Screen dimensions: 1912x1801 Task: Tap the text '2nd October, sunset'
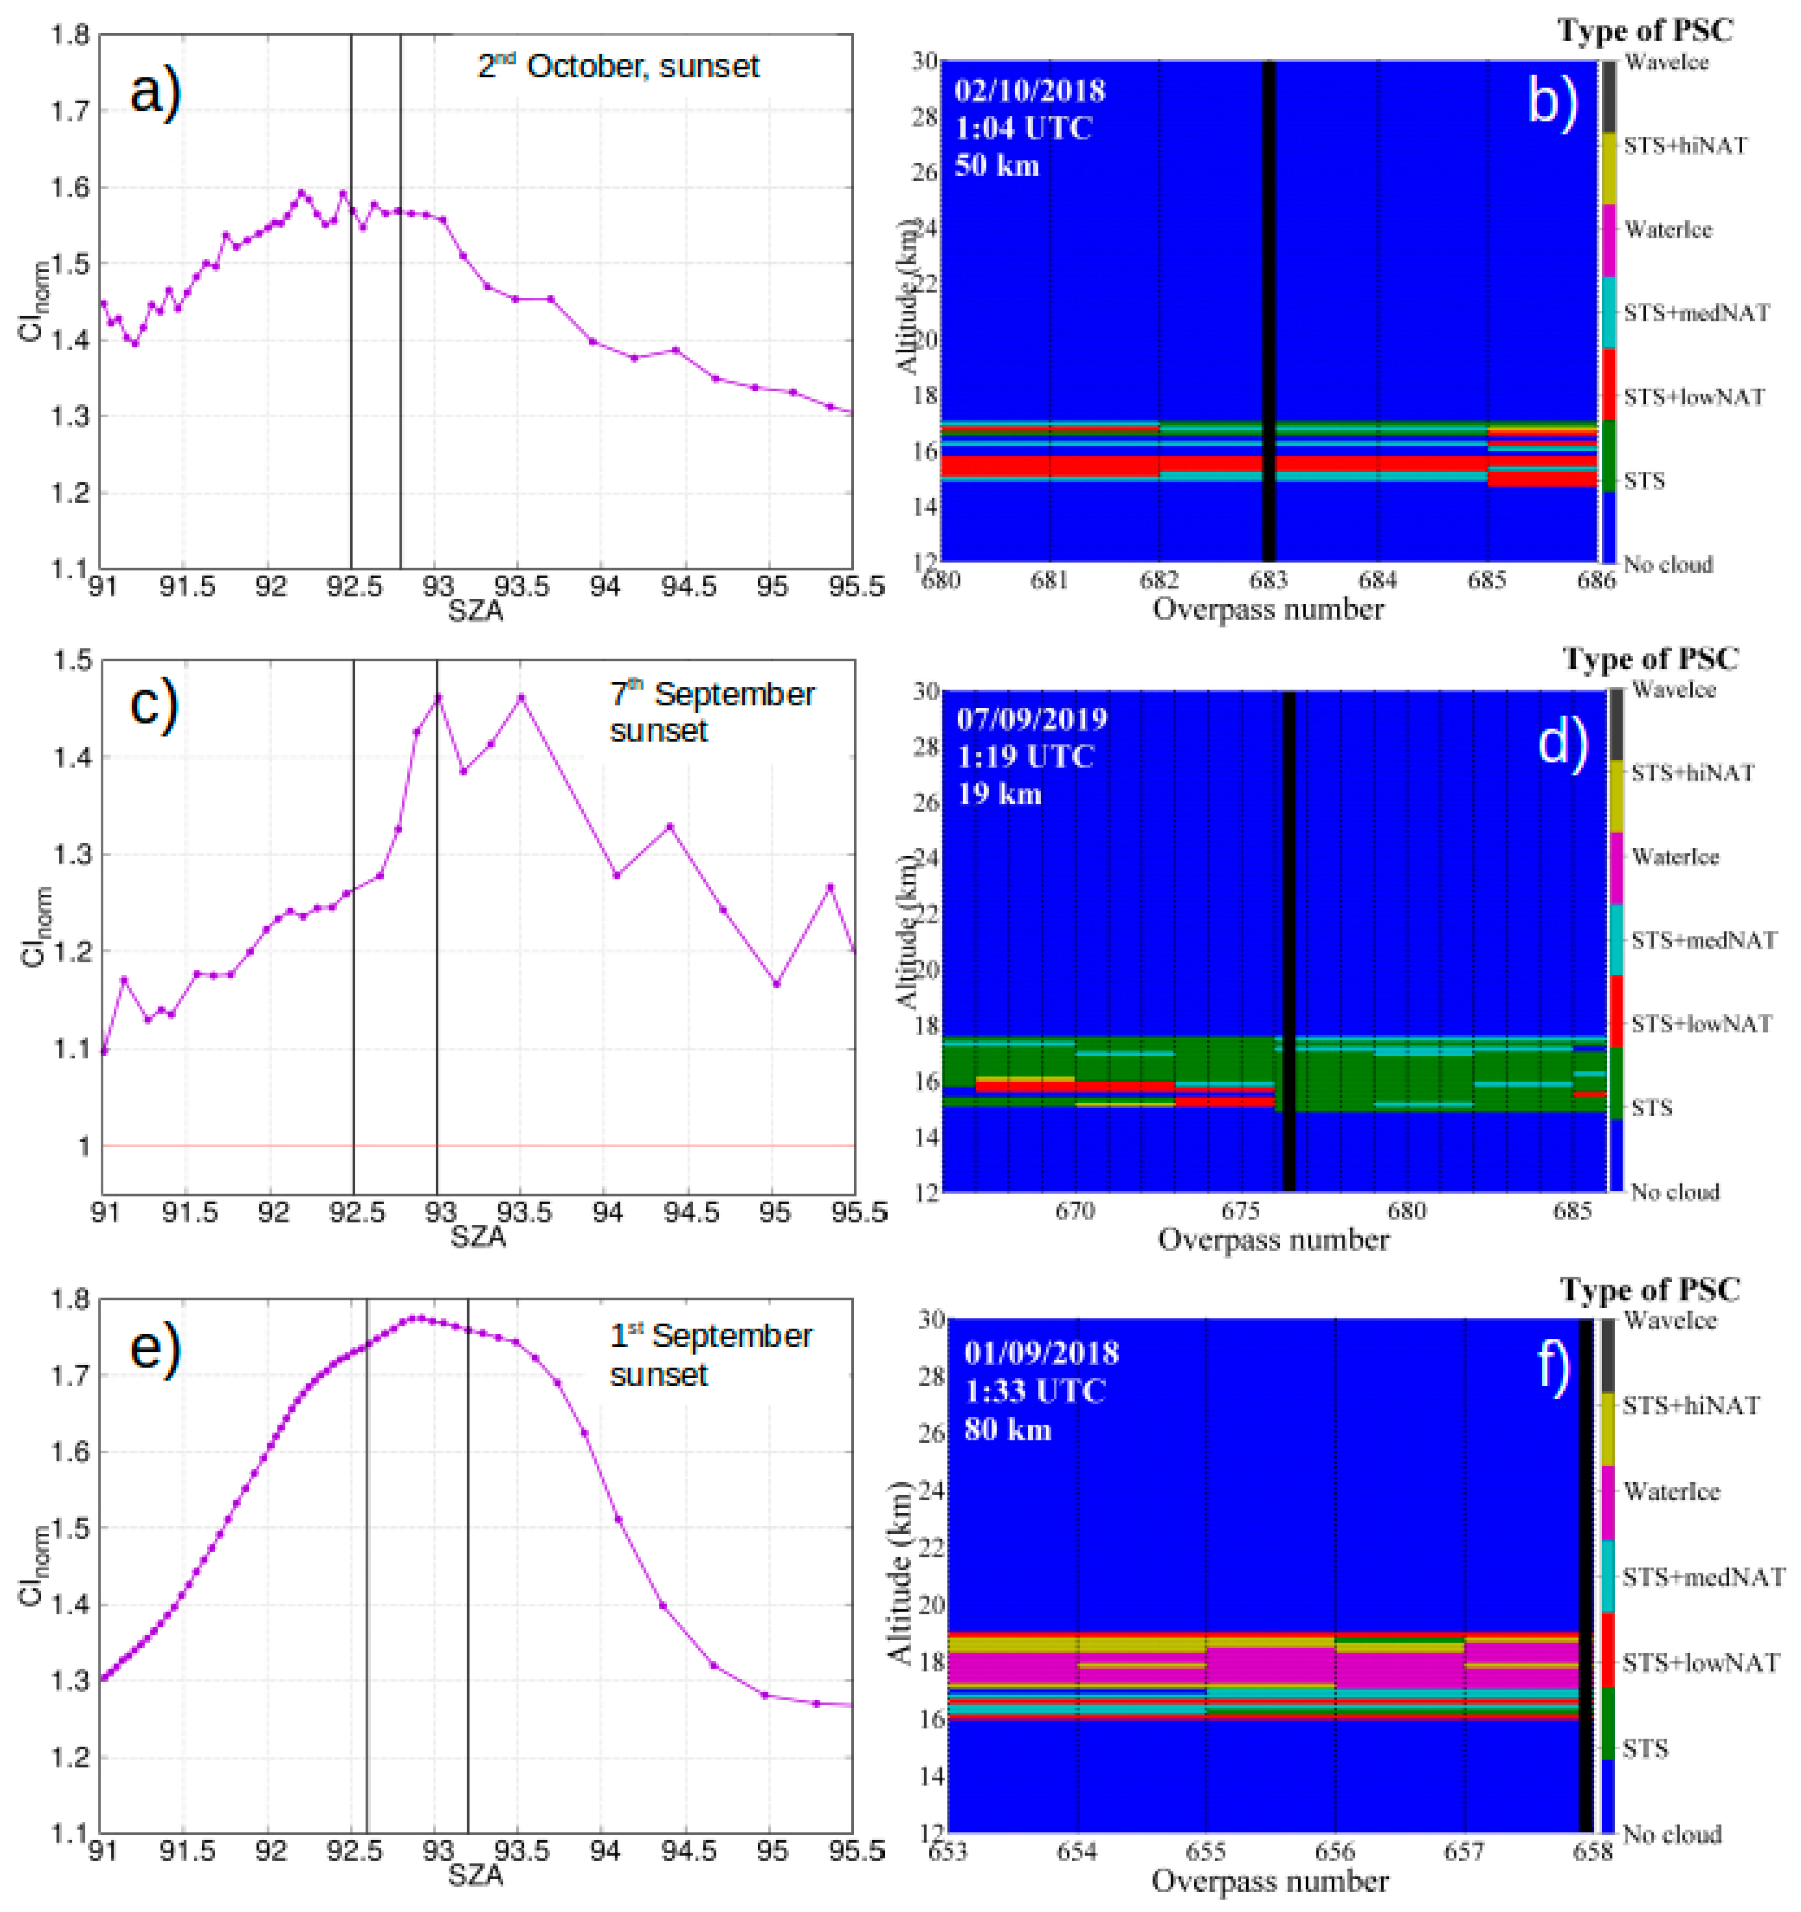coord(618,66)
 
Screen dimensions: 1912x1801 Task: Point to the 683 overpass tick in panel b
coord(1268,581)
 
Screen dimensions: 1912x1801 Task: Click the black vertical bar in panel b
coord(1268,308)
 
